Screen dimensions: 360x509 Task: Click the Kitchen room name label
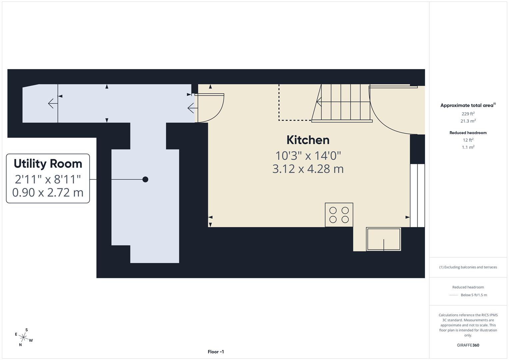pyautogui.click(x=308, y=140)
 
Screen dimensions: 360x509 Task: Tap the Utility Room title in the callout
pyautogui.click(x=48, y=164)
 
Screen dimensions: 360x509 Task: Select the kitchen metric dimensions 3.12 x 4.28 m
pyautogui.click(x=308, y=169)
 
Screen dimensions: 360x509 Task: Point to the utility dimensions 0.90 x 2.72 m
pyautogui.click(x=48, y=193)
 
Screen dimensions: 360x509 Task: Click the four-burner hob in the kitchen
pyautogui.click(x=339, y=215)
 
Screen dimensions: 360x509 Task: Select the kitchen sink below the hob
pyautogui.click(x=383, y=239)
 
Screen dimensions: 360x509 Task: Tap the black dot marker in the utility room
pyautogui.click(x=145, y=179)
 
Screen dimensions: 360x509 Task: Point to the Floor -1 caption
pyautogui.click(x=216, y=352)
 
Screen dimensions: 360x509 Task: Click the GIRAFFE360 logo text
pyautogui.click(x=468, y=345)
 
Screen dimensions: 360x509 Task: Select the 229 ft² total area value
pyautogui.click(x=468, y=114)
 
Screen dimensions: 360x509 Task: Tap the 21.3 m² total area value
pyautogui.click(x=468, y=121)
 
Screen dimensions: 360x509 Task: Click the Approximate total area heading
pyautogui.click(x=468, y=105)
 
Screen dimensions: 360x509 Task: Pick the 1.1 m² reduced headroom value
pyautogui.click(x=468, y=147)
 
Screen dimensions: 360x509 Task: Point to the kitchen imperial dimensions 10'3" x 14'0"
pyautogui.click(x=308, y=156)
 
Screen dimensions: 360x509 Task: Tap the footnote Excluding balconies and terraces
pyautogui.click(x=468, y=267)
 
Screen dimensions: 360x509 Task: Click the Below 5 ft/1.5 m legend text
pyautogui.click(x=474, y=295)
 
